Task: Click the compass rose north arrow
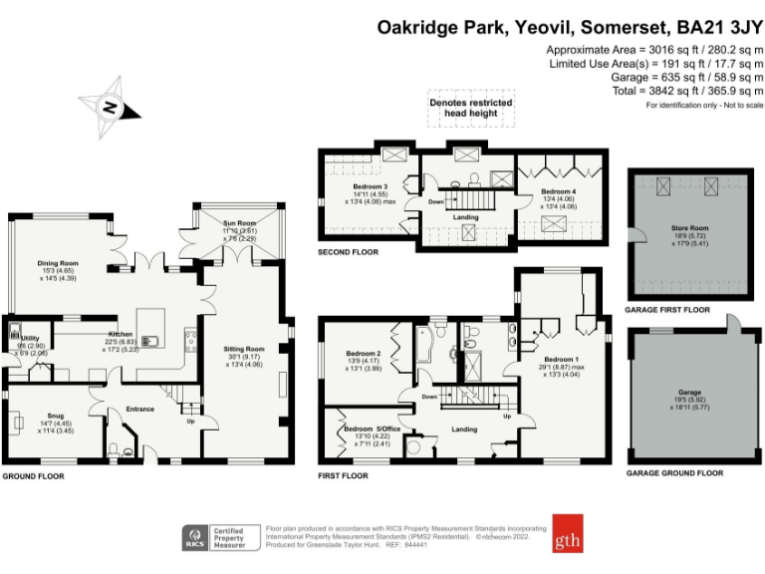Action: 110,107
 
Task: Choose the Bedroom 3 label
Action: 370,185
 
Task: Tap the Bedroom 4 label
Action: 558,190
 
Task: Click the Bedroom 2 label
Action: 364,354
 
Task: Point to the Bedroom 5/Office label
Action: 365,430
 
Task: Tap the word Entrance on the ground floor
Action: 139,409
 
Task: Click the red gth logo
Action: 570,532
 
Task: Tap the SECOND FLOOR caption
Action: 349,252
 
